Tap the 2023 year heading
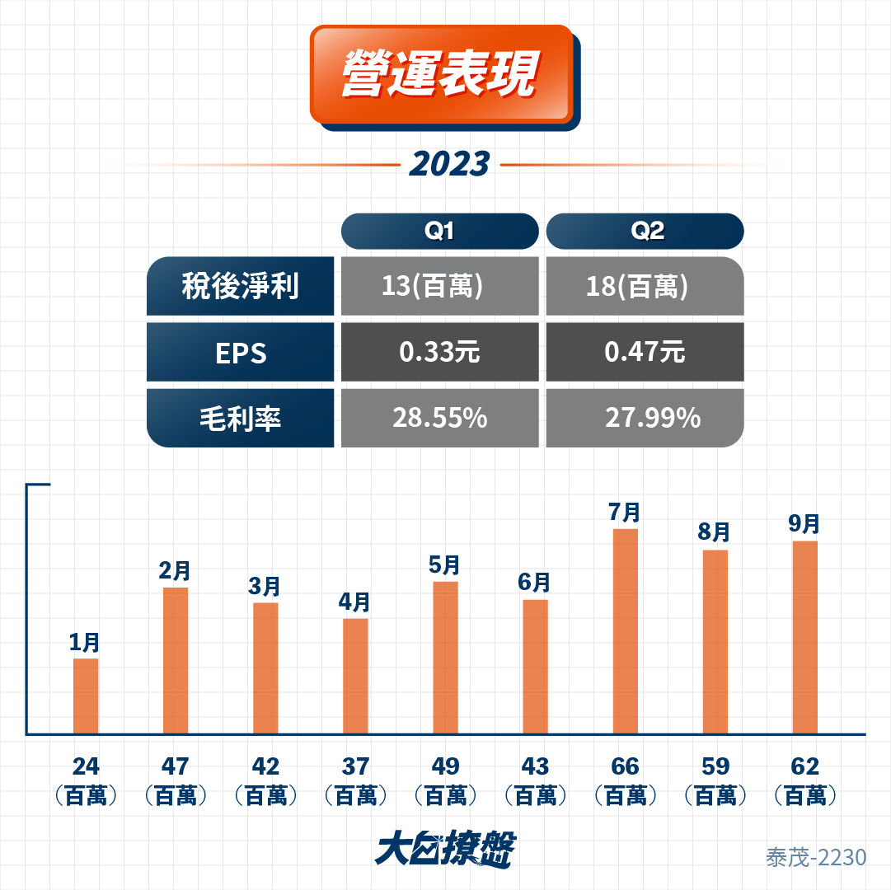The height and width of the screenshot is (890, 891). pyautogui.click(x=449, y=164)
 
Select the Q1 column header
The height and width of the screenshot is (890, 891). pyautogui.click(x=440, y=232)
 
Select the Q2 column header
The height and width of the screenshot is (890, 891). pyautogui.click(x=645, y=232)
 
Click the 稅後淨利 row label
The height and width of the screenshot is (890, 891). pyautogui.click(x=241, y=286)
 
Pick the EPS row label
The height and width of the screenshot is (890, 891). pyautogui.click(x=241, y=352)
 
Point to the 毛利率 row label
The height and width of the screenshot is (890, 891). pyautogui.click(x=241, y=418)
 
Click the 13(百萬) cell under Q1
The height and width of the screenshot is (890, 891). pyautogui.click(x=440, y=286)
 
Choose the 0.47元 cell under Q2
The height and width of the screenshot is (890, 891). pyautogui.click(x=645, y=352)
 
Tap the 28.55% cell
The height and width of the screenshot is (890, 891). pyautogui.click(x=440, y=418)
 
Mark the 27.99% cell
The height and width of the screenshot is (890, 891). pyautogui.click(x=645, y=418)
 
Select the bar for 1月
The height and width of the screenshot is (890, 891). pyautogui.click(x=86, y=696)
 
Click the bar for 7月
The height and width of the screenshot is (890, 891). pyautogui.click(x=626, y=631)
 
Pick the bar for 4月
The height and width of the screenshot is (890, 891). pyautogui.click(x=356, y=677)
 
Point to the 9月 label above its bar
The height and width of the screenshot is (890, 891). pyautogui.click(x=804, y=523)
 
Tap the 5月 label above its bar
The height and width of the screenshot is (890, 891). pyautogui.click(x=444, y=565)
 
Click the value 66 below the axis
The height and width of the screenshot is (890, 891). pyautogui.click(x=625, y=766)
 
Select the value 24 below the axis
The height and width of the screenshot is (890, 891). pyautogui.click(x=86, y=766)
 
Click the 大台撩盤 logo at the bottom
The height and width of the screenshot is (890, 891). pyautogui.click(x=445, y=850)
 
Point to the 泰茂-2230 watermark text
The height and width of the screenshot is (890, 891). pyautogui.click(x=816, y=858)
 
